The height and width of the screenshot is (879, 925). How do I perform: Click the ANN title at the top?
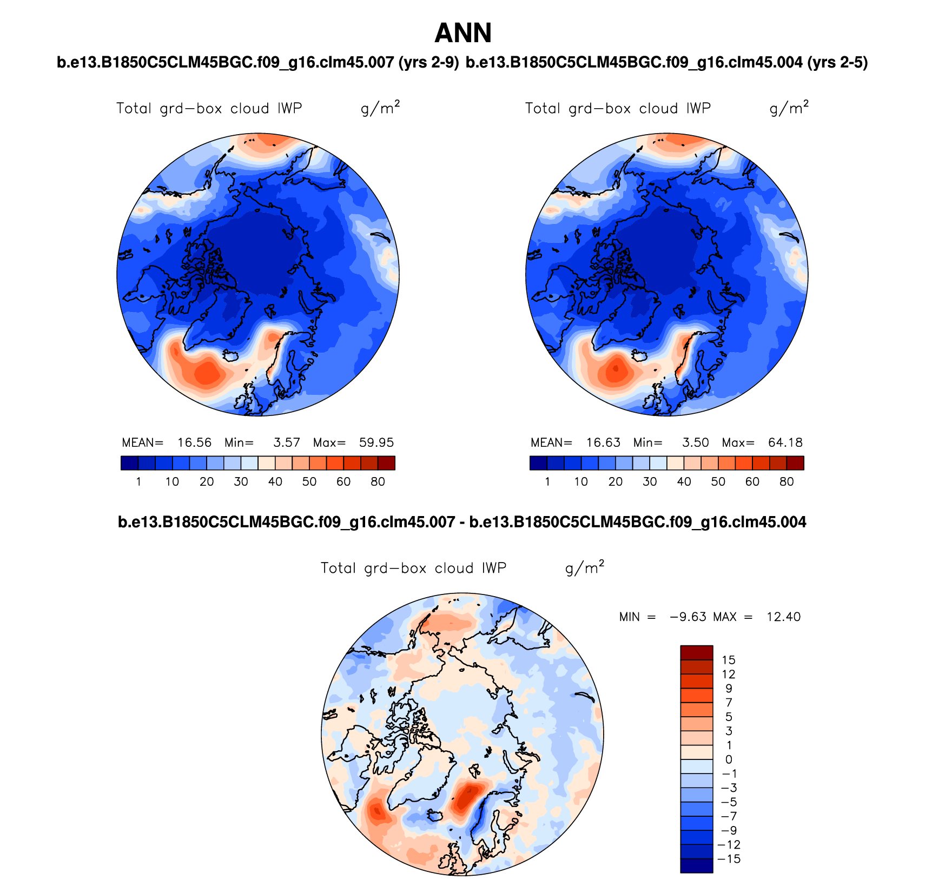tap(463, 34)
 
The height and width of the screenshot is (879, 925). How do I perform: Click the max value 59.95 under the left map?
tap(376, 442)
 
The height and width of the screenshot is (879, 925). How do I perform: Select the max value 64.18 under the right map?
tap(785, 442)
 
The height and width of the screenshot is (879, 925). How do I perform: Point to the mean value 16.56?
tap(194, 442)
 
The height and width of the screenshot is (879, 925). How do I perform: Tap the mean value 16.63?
tap(603, 442)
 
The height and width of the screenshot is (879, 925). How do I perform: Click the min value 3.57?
tap(287, 442)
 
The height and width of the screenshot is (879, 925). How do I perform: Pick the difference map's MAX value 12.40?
tap(783, 617)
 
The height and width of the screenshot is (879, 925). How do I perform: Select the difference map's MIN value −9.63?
tap(688, 617)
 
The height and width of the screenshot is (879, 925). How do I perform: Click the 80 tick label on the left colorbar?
tap(378, 482)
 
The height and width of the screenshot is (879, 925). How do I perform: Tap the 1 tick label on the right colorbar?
tap(547, 482)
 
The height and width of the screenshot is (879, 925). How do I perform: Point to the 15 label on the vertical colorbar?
tap(729, 660)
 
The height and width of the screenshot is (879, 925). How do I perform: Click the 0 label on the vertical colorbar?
tap(729, 759)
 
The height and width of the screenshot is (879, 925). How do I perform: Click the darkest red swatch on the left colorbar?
tap(386, 463)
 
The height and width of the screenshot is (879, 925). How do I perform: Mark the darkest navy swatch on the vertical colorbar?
tap(696, 865)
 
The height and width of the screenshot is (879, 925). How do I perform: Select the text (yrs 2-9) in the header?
tap(428, 63)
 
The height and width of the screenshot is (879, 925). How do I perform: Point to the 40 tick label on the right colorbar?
tap(684, 482)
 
